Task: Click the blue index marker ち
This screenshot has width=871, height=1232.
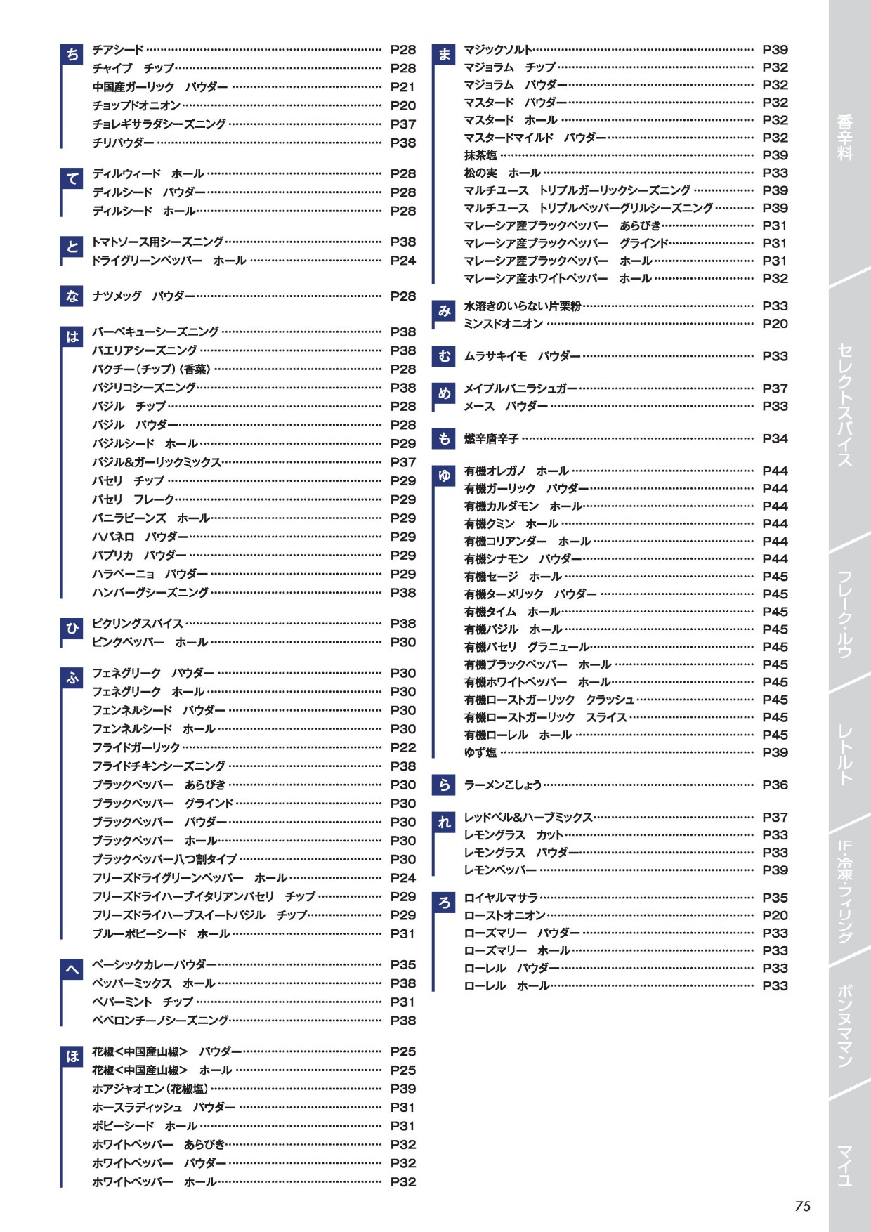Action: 72,55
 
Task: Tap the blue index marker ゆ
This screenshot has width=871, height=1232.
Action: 444,476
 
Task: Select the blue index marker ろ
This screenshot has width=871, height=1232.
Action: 444,903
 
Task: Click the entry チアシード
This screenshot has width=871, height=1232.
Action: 118,50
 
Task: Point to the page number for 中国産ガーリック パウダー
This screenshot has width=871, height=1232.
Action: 402,87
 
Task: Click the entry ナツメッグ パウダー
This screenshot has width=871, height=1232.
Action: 143,296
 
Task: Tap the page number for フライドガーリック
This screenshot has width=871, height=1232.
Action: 402,747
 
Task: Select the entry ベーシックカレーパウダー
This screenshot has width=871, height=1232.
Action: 154,965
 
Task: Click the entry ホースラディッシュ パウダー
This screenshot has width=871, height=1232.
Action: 164,1108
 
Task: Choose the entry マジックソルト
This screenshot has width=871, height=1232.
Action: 497,50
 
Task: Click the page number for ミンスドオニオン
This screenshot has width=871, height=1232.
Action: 775,324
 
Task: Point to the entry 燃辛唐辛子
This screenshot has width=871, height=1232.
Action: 491,439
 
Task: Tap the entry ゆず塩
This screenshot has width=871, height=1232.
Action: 480,753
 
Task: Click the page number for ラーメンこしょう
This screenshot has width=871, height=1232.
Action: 775,785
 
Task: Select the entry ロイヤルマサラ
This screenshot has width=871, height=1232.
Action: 501,898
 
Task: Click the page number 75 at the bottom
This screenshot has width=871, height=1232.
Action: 802,1206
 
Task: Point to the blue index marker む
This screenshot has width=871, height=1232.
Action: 444,357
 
